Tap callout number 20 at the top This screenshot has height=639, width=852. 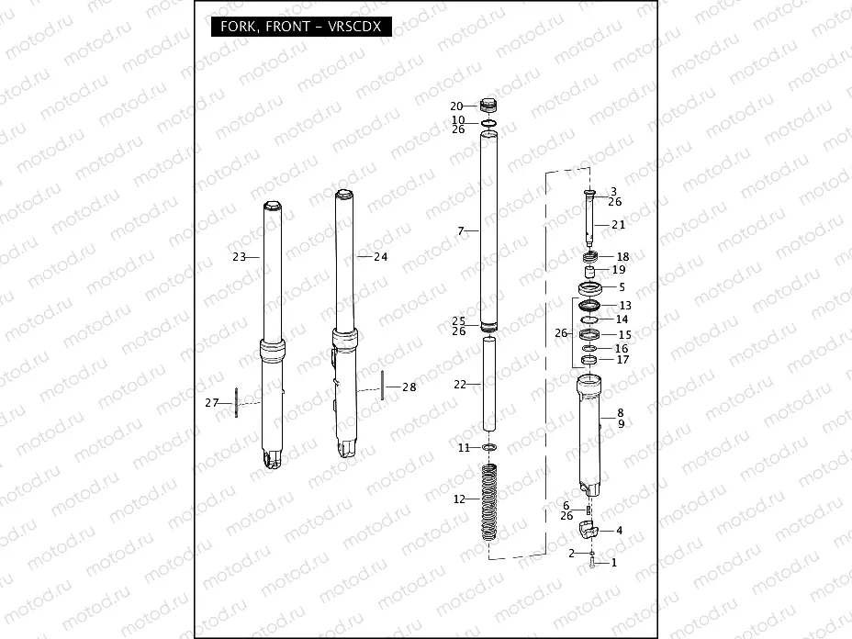click(456, 106)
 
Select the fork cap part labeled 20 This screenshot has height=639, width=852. click(489, 106)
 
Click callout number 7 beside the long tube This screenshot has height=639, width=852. click(462, 231)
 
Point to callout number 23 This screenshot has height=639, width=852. click(239, 257)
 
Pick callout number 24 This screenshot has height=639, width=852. click(380, 257)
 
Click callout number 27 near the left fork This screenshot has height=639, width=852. click(212, 402)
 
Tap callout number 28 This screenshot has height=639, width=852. click(409, 387)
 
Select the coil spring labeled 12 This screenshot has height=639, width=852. click(489, 505)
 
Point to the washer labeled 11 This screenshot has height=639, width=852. click(489, 447)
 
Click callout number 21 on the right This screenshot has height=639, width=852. click(617, 225)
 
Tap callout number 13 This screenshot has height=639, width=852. click(624, 305)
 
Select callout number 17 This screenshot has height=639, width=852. click(622, 360)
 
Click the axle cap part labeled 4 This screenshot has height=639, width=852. click(589, 528)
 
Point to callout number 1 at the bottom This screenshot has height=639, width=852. click(614, 562)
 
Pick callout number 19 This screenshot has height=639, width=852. click(618, 270)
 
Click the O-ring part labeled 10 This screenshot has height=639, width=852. click(489, 122)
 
